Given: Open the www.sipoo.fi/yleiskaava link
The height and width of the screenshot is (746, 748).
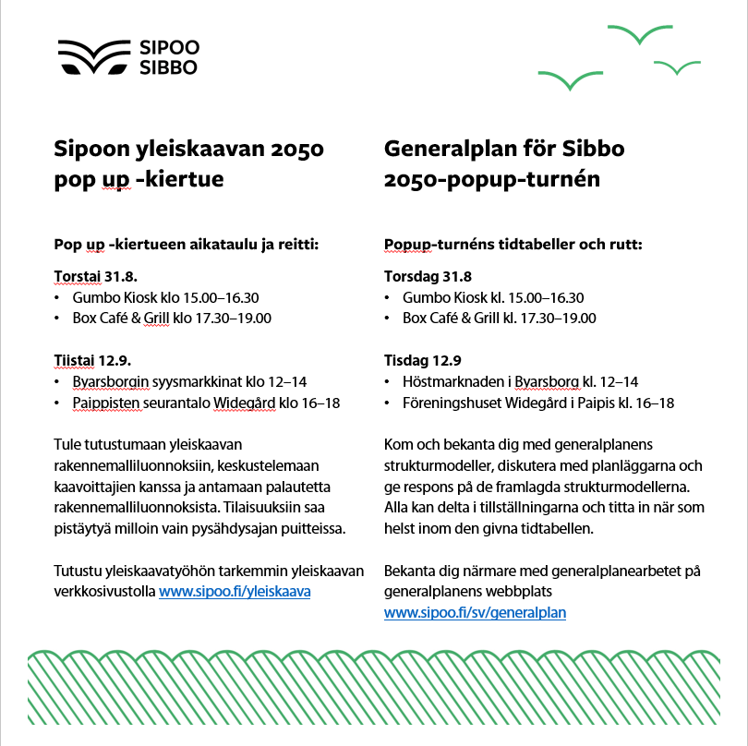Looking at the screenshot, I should click(x=235, y=591).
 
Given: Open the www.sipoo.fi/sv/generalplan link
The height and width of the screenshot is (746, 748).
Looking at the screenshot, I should click(x=475, y=611).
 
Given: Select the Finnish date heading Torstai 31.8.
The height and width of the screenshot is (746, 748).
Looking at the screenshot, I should click(x=96, y=276).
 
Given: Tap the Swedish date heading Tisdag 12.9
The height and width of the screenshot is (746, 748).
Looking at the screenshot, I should click(x=422, y=360).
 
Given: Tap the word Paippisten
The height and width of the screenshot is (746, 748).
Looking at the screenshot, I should click(x=106, y=403).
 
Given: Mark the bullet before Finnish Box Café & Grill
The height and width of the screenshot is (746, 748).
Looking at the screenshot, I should click(x=58, y=319).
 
